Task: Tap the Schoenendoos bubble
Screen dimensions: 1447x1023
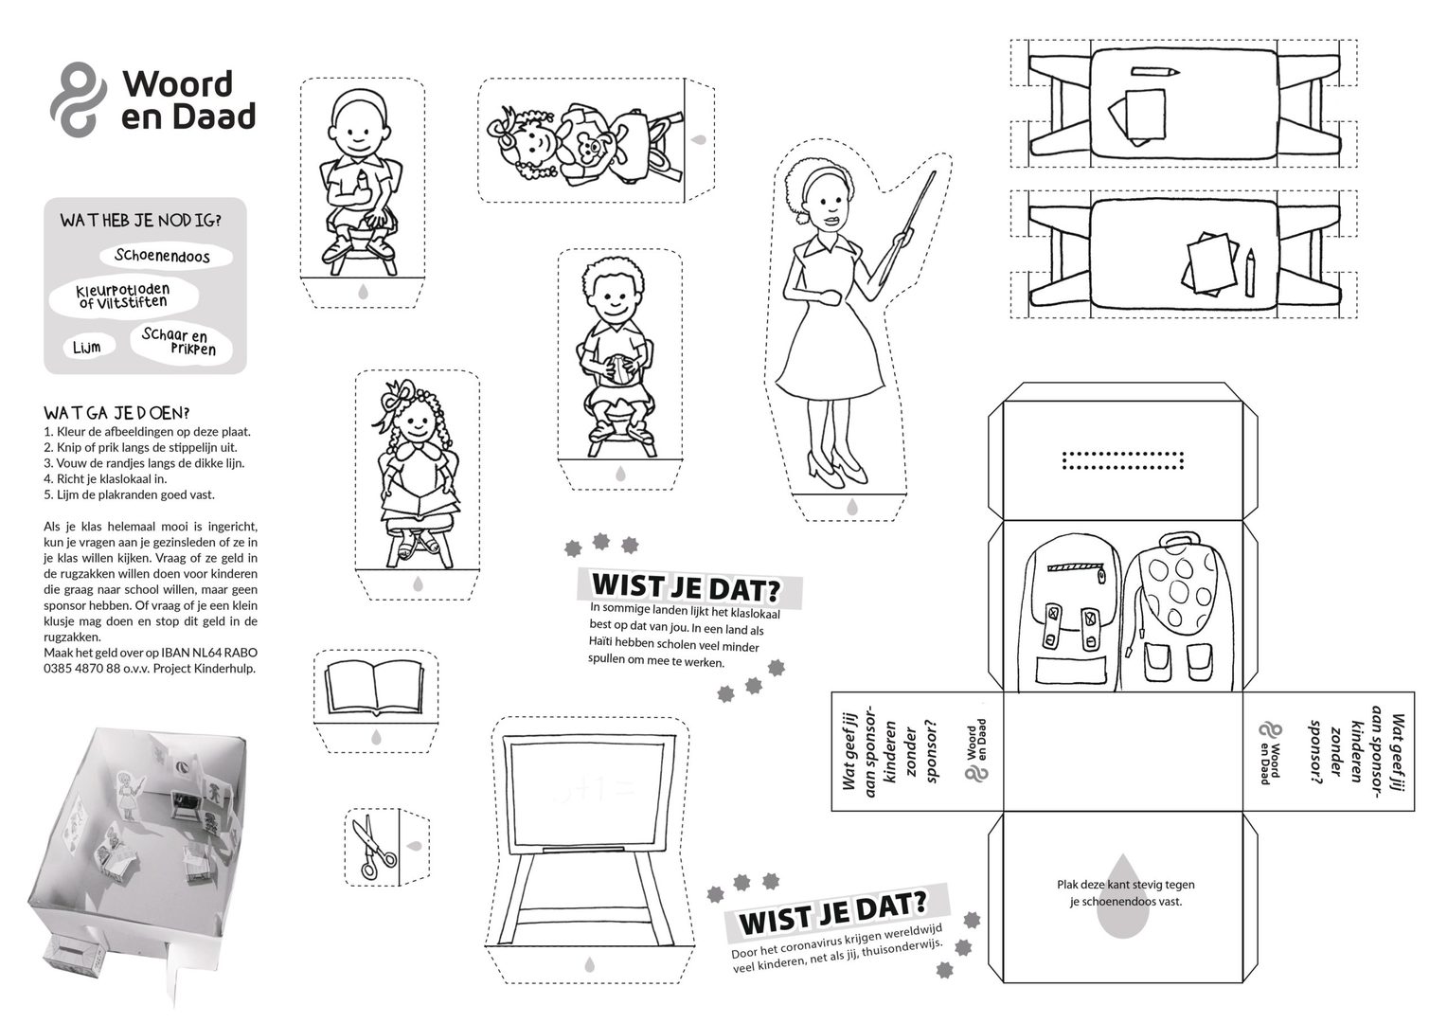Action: click(x=166, y=256)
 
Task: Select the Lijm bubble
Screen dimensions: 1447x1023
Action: click(x=89, y=347)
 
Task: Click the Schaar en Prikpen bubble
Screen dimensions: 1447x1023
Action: click(x=181, y=342)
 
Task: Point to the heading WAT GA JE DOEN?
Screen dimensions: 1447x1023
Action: click(x=116, y=412)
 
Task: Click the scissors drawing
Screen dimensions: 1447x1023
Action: click(x=373, y=847)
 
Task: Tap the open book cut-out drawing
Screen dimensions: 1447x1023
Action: click(x=375, y=688)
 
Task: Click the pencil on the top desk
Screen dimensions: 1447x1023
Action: click(x=1155, y=72)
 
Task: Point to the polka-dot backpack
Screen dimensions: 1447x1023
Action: click(x=1180, y=611)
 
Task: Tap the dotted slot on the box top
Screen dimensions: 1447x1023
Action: click(x=1123, y=460)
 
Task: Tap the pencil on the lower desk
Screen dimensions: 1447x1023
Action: click(x=1251, y=272)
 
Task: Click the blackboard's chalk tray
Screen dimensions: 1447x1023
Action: click(x=584, y=849)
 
